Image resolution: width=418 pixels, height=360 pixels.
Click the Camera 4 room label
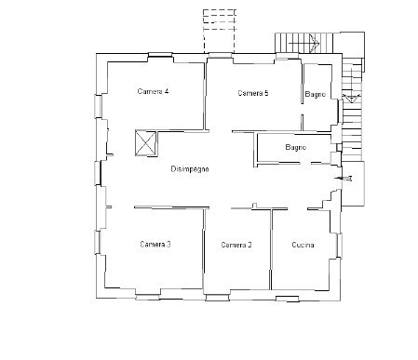153,91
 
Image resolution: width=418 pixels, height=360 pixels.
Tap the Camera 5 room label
253,93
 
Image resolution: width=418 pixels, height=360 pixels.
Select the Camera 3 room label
155,245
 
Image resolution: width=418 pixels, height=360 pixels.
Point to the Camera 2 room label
236,245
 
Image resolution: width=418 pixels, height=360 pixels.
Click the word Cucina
303,245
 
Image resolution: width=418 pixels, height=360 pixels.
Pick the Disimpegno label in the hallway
190,169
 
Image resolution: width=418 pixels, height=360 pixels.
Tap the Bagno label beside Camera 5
316,94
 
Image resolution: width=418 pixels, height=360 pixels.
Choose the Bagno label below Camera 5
296,147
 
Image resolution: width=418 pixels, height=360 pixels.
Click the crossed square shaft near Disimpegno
145,143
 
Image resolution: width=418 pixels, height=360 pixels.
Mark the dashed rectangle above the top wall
220,32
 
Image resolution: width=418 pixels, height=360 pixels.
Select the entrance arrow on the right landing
344,179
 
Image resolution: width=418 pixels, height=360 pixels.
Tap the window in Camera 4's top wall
160,55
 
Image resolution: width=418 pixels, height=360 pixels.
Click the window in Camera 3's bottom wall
148,297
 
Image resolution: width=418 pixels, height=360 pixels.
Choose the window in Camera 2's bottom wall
217,298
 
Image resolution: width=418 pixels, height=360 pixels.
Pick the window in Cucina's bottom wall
288,299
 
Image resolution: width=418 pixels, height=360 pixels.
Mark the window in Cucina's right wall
340,246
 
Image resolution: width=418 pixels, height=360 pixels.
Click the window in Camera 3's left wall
98,242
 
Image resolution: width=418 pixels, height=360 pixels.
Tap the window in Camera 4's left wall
98,106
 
